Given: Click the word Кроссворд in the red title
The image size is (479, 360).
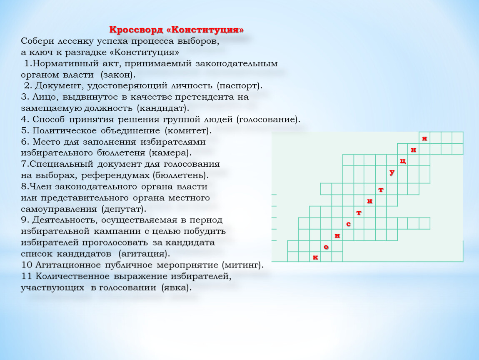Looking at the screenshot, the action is point(136,30).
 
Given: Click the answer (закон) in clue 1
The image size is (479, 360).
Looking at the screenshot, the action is point(118,75).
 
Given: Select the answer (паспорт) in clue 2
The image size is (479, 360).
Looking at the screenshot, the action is point(240,86).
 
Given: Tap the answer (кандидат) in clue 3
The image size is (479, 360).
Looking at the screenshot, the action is point(163,108).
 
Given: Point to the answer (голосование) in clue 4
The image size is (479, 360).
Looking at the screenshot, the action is point(269,120).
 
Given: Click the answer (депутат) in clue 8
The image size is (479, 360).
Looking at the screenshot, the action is point(125,209).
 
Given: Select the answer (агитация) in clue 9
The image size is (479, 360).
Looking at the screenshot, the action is point(144,254).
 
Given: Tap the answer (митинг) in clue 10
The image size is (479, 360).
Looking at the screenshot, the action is point(243,265).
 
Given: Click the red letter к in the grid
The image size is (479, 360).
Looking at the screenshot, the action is point(315,257).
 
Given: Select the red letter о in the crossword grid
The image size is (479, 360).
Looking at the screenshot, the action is point(326,247).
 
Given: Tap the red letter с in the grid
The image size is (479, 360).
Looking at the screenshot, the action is point(348,224).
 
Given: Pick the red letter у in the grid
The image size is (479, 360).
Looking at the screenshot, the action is point(392,172).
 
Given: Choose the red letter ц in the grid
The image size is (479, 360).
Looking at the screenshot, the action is point(403,161).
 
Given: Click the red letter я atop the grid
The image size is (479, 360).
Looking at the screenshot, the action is point(424,138).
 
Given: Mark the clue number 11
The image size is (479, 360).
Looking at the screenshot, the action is point(27,277).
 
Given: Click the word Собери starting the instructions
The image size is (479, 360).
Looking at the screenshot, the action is point(37,41).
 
